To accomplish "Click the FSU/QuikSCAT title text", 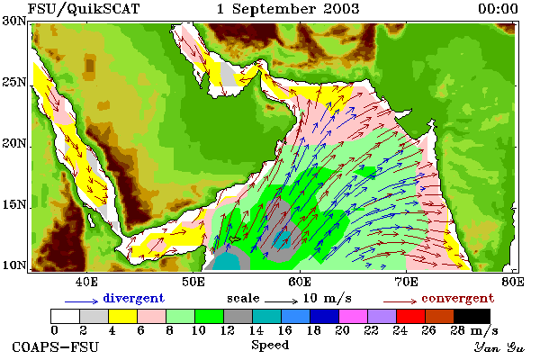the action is coord(84,9).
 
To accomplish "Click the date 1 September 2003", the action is coord(288,9).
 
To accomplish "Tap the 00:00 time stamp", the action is coord(498,9).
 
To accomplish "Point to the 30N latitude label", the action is coord(14,21).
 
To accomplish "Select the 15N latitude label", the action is coord(14,205).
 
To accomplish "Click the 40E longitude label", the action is coord(86,282).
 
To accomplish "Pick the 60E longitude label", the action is coord(300,282).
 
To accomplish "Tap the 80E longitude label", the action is coord(513,282).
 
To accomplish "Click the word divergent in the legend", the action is coord(133,298).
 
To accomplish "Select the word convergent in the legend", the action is coord(458,298).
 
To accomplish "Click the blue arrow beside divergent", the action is coord(82,301).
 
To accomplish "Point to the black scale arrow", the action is coord(281,301).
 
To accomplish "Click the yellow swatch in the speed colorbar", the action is coord(122,316).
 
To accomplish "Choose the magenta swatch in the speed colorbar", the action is coord(353,316).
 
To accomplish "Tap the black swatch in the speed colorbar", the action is coord(472,316).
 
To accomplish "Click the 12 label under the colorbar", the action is coord(228,330).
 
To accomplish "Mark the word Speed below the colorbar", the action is coord(270,346).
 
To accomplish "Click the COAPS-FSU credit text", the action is coord(56,346).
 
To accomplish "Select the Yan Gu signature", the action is coord(499,347).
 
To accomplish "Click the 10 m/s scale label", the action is coord(328,298).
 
